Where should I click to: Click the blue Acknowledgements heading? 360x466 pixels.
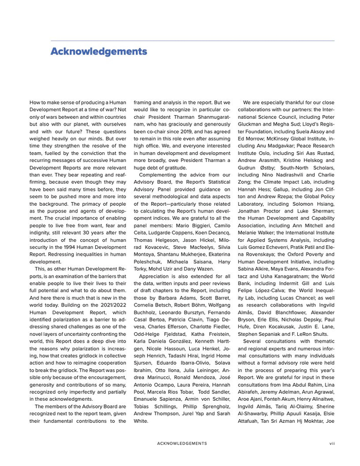click(x=99, y=51)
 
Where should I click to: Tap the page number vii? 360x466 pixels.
click(x=332, y=443)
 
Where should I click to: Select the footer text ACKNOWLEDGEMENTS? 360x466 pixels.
click(x=182, y=443)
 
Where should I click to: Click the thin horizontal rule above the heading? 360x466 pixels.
click(x=192, y=41)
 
